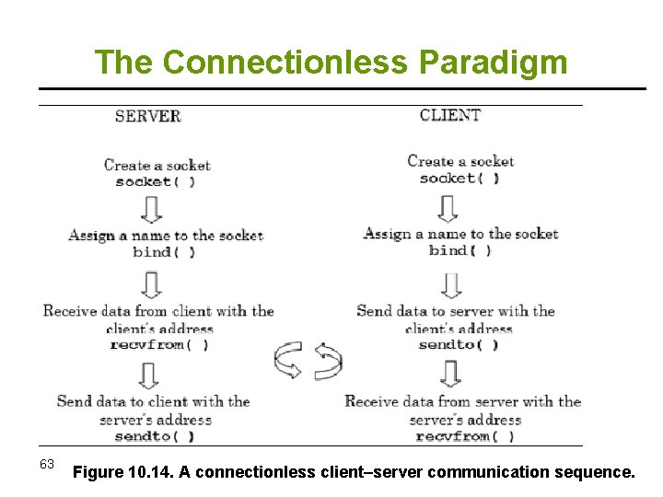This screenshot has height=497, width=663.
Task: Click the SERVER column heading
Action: (x=147, y=116)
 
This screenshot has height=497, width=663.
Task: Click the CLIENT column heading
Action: (x=449, y=115)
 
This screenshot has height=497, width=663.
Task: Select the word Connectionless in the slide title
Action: (x=286, y=62)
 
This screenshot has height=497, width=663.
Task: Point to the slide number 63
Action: (x=48, y=463)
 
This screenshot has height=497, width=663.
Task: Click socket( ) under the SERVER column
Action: (x=155, y=181)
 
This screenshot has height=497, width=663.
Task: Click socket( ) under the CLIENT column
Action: (x=459, y=178)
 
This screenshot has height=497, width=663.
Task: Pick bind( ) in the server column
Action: (x=164, y=251)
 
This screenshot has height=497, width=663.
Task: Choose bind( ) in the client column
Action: (x=459, y=249)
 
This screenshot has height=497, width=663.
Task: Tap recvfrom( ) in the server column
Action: (x=158, y=344)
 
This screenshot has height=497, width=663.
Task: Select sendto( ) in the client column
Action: (x=458, y=344)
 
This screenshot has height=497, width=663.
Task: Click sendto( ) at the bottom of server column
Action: (x=154, y=436)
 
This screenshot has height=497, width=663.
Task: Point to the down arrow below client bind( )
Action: (x=450, y=284)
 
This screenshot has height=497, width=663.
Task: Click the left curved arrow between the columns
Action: (x=288, y=360)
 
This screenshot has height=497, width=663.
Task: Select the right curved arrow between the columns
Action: (x=328, y=360)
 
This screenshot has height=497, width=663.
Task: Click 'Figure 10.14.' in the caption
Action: (x=122, y=473)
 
